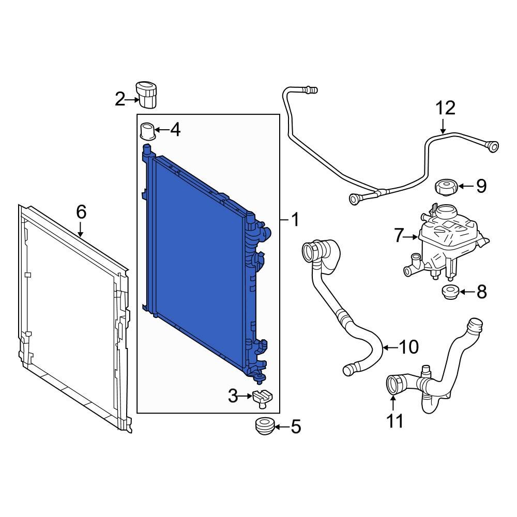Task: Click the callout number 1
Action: [295, 221]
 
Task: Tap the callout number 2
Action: [120, 99]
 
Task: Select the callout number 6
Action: [81, 212]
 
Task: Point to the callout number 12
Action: [445, 109]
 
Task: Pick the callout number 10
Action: [409, 347]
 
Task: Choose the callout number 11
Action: [396, 421]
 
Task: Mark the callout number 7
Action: [398, 236]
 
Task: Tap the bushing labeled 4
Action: [148, 130]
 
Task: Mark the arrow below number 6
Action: [81, 230]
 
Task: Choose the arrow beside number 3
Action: [247, 397]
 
